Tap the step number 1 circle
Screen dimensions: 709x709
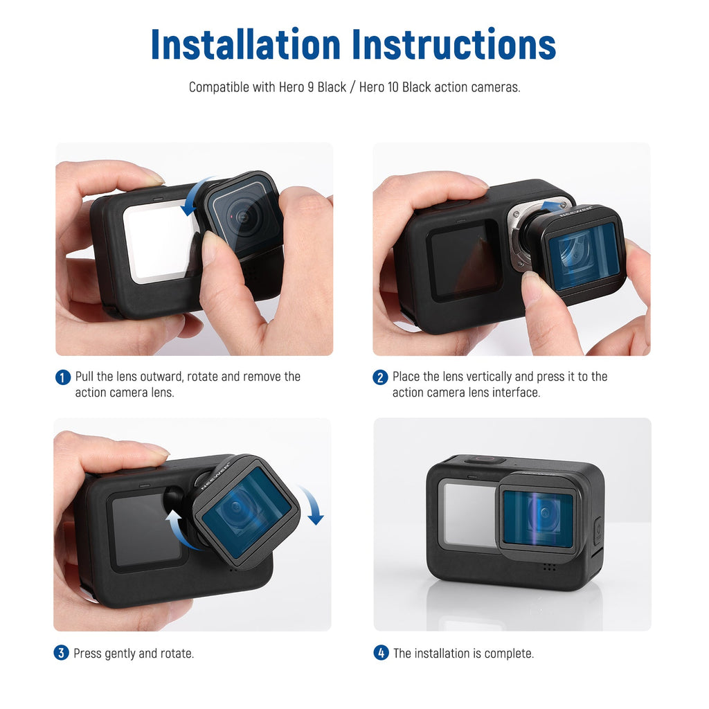pyautogui.click(x=63, y=377)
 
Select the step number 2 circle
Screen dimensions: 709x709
pyautogui.click(x=380, y=377)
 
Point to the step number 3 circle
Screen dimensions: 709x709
pyautogui.click(x=62, y=653)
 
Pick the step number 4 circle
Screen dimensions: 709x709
pyautogui.click(x=382, y=653)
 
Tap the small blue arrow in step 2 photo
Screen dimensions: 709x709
pyautogui.click(x=553, y=207)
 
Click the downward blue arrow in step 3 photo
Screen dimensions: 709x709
pyautogui.click(x=313, y=505)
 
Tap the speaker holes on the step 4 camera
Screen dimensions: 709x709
pyautogui.click(x=549, y=566)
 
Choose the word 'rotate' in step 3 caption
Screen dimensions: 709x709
pyautogui.click(x=177, y=654)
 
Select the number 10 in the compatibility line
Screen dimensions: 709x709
pyautogui.click(x=392, y=87)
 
